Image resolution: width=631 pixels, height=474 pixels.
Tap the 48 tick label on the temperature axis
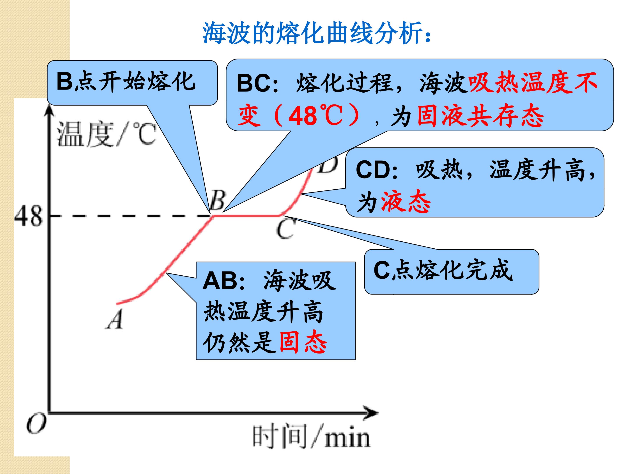[x=28, y=216]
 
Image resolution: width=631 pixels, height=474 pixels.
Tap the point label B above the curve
[x=217, y=200]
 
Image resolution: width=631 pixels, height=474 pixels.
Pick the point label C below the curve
[x=285, y=229]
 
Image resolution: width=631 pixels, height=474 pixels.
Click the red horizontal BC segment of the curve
[x=247, y=216]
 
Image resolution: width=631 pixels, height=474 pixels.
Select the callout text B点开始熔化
[x=126, y=81]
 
